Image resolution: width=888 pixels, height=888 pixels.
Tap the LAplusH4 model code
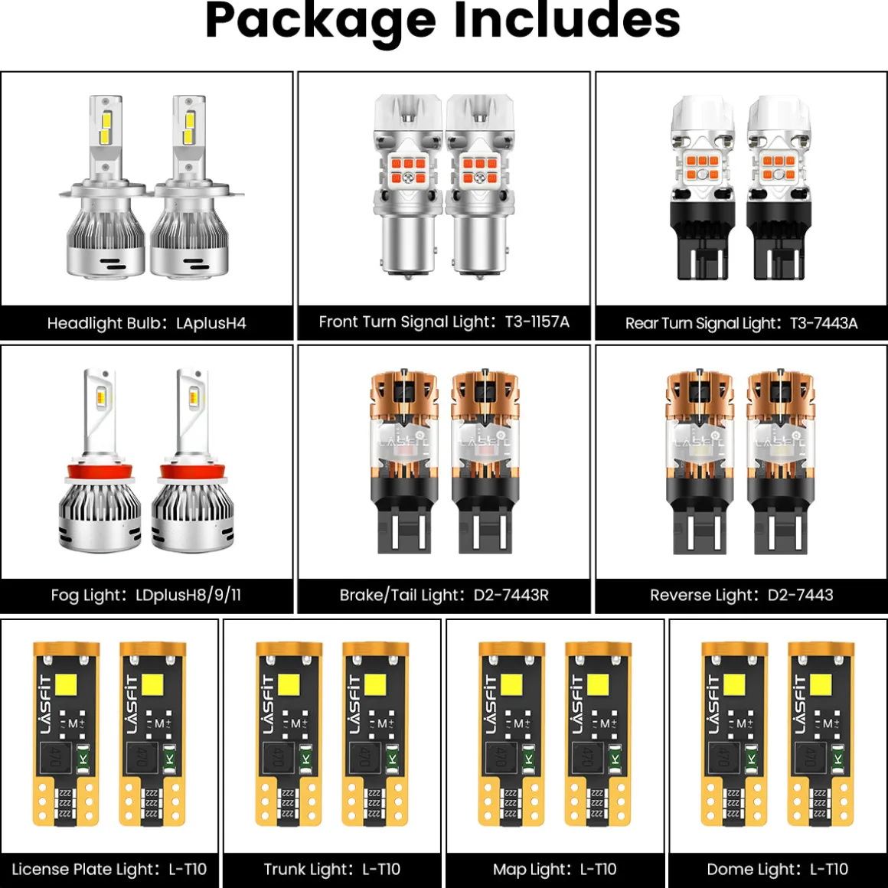[211, 323]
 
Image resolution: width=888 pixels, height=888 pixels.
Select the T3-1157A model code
[537, 322]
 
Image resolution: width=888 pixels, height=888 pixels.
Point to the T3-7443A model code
[824, 323]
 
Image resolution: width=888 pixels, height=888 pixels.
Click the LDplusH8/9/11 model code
[188, 596]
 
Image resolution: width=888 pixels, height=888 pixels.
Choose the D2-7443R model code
[511, 596]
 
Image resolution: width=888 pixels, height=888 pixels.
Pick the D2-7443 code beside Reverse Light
[800, 596]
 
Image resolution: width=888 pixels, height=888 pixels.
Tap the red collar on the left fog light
[100, 472]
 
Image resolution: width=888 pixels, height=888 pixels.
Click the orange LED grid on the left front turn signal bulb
[408, 171]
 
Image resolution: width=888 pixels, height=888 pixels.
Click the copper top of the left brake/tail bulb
[403, 396]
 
